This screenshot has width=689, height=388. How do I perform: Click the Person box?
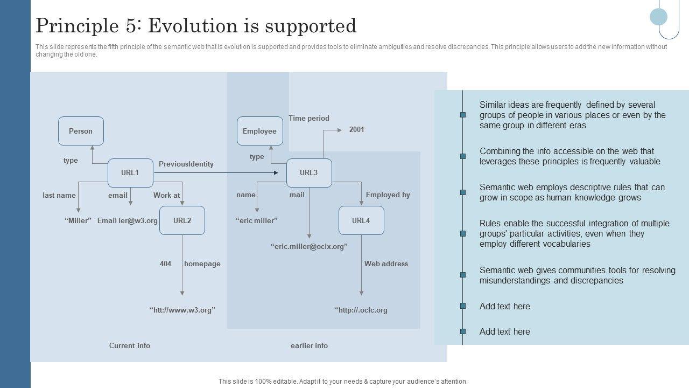[x=81, y=131]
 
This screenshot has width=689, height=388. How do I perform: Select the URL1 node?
[x=130, y=173]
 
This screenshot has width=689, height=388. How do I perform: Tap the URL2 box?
[x=182, y=220]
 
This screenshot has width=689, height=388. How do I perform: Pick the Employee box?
[x=259, y=131]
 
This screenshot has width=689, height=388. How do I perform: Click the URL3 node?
[x=309, y=173]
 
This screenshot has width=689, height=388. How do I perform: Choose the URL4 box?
[x=361, y=220]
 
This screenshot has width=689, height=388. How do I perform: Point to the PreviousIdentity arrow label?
[x=186, y=164]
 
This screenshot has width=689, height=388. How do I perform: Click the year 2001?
[x=356, y=129]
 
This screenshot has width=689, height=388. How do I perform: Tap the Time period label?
[x=309, y=118]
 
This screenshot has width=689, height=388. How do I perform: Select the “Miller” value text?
[x=78, y=220]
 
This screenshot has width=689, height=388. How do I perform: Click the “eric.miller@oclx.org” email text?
[x=309, y=246]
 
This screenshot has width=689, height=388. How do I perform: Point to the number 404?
[x=165, y=264]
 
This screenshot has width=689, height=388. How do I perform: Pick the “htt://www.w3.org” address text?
[x=182, y=310]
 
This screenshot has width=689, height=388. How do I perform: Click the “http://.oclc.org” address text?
[x=361, y=310]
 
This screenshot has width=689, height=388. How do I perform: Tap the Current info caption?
[x=130, y=345]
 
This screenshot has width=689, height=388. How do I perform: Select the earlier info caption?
[x=309, y=345]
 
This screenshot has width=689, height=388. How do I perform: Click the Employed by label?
[x=388, y=195]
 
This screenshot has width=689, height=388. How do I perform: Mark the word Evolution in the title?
[x=188, y=25]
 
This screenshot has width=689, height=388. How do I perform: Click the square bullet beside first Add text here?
[x=463, y=306]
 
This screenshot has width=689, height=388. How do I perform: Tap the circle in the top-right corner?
[x=658, y=17]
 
